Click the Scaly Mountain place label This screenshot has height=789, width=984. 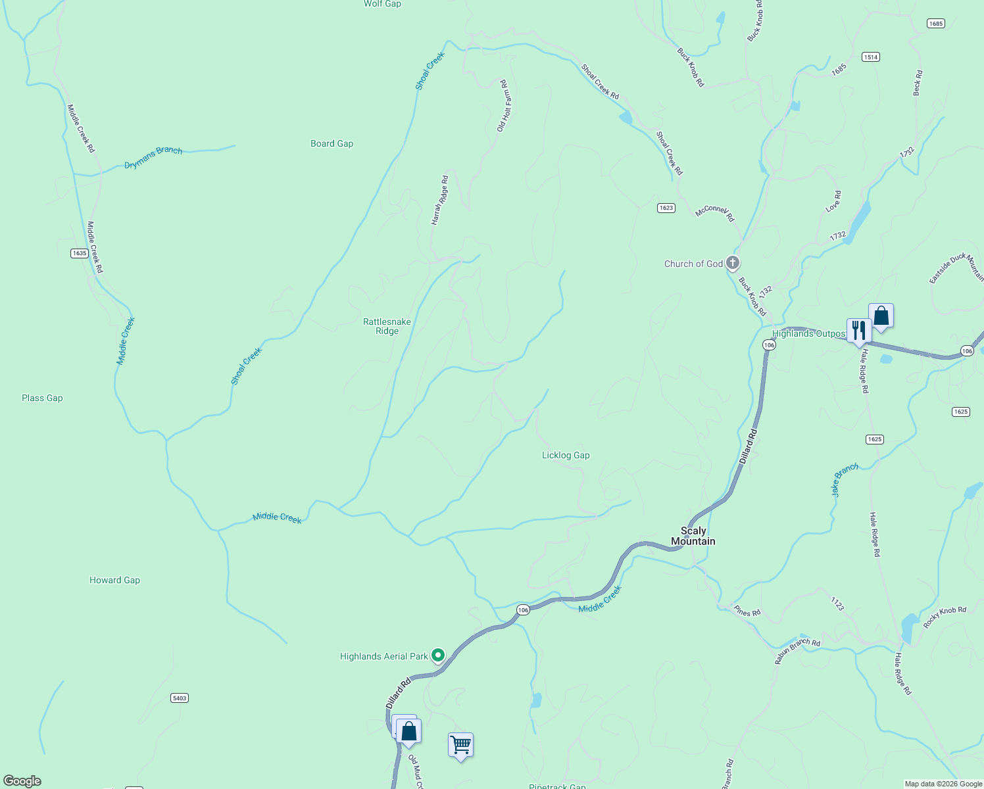click(x=693, y=536)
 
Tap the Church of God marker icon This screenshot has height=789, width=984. click(x=732, y=263)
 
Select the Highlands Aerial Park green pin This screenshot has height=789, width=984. click(x=438, y=656)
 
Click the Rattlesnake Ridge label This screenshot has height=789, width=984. click(x=387, y=326)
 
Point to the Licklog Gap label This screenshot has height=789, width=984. click(x=566, y=455)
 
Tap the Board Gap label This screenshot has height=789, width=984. click(x=332, y=143)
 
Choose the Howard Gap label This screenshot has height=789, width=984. click(x=114, y=580)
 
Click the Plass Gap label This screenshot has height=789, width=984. click(x=42, y=398)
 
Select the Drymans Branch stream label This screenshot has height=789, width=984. click(x=153, y=157)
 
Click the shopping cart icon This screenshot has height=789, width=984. click(x=460, y=746)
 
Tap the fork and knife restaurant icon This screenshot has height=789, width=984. click(x=859, y=330)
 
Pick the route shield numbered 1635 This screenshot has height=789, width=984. click(x=80, y=253)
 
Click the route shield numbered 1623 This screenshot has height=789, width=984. click(x=666, y=208)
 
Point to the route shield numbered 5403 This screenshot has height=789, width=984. click(x=180, y=698)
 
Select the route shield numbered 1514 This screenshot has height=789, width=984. click(x=871, y=57)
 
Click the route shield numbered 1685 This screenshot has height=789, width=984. click(x=935, y=24)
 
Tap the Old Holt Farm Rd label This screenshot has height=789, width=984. click(x=504, y=106)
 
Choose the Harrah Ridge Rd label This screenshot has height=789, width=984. click(x=440, y=201)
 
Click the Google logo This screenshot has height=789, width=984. click(x=22, y=781)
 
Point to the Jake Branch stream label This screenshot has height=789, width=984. click(x=845, y=479)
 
